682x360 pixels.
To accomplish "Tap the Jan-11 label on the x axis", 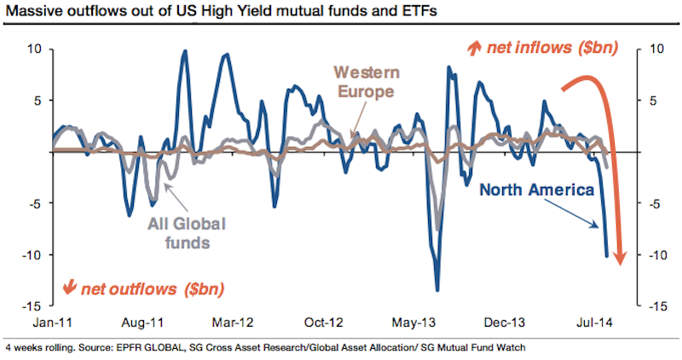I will [51, 323].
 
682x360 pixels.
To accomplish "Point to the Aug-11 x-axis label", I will [143, 323].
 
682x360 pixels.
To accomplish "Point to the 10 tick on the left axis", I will [35, 49].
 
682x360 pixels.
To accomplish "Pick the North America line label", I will [536, 189].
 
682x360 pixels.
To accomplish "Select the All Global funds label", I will [176, 231].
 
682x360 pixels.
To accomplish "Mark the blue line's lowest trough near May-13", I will [437, 289].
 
